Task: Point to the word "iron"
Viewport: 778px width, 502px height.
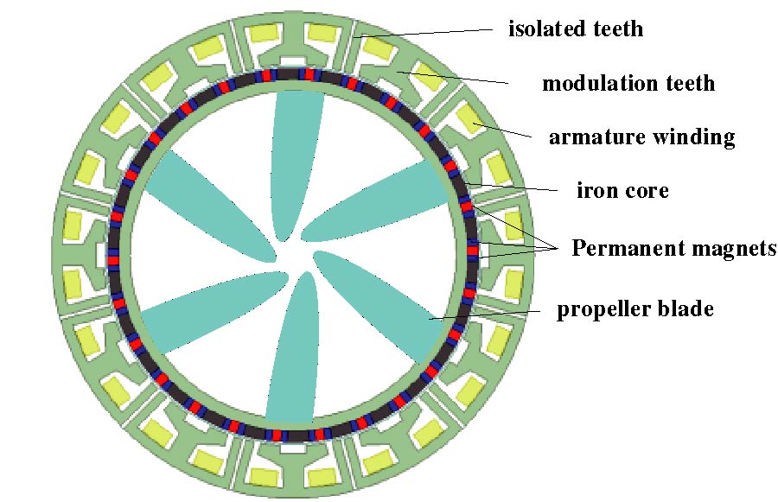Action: pyautogui.click(x=596, y=190)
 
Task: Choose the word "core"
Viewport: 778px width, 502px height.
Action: pyautogui.click(x=647, y=190)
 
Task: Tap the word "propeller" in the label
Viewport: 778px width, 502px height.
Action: pyautogui.click(x=596, y=309)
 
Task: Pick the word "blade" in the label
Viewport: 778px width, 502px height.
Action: pyautogui.click(x=687, y=308)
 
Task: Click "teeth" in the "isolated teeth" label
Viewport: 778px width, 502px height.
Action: pyautogui.click(x=616, y=29)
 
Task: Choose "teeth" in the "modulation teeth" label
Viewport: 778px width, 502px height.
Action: pyautogui.click(x=688, y=83)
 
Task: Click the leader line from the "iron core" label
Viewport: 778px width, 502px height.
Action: pyautogui.click(x=519, y=187)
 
